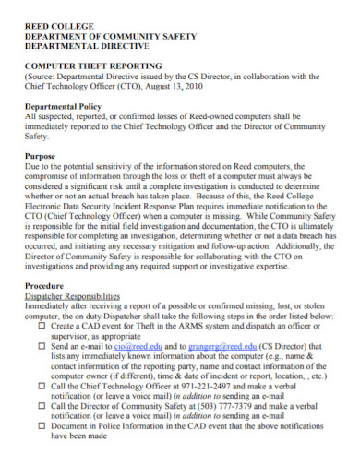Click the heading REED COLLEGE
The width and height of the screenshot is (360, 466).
click(53, 13)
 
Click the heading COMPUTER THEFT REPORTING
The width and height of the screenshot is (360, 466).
click(92, 66)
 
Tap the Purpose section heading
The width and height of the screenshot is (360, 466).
click(41, 157)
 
